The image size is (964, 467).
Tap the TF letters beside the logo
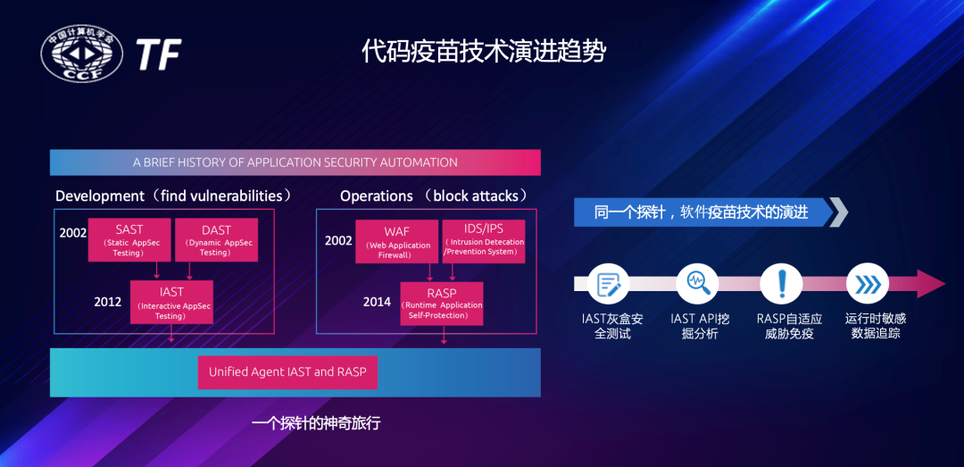click(159, 55)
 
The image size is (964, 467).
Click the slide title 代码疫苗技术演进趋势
click(483, 51)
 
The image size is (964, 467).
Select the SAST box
click(129, 239)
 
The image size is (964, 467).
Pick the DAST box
click(216, 239)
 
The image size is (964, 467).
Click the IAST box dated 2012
click(171, 302)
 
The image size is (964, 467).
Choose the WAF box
click(396, 241)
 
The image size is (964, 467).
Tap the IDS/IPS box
click(484, 239)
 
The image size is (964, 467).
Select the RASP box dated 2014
click(441, 303)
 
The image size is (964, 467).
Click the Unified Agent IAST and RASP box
click(287, 371)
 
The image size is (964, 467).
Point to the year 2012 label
click(107, 302)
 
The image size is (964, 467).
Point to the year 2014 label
click(377, 302)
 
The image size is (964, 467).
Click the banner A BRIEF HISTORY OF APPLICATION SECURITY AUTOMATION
click(295, 163)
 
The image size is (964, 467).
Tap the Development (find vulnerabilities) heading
click(173, 196)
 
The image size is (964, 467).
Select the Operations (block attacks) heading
click(434, 196)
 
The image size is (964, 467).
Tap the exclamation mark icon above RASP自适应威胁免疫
click(783, 284)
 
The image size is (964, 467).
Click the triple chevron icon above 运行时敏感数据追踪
click(868, 284)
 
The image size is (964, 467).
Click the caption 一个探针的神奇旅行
click(316, 422)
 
